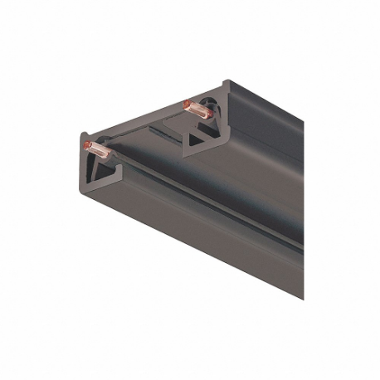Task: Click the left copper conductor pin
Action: point(98,150)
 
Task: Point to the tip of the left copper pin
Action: point(87,147)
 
